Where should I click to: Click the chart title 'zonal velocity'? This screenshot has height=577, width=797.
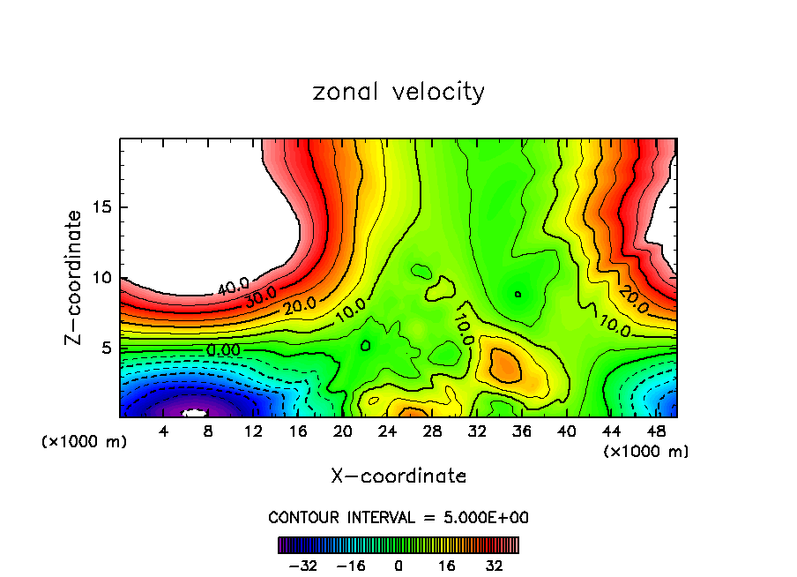[x=398, y=92]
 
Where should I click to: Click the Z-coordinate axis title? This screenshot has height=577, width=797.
[x=74, y=277]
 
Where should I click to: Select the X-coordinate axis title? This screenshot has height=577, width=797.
[x=398, y=476]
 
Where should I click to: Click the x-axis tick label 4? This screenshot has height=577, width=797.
[x=163, y=431]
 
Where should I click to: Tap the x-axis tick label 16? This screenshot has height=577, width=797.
[x=297, y=431]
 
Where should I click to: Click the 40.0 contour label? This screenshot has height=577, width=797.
[x=235, y=285]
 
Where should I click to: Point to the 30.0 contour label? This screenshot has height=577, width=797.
[x=261, y=296]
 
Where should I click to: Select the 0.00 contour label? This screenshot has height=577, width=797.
[x=224, y=350]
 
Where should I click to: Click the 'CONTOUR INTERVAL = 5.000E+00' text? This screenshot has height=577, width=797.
[x=398, y=517]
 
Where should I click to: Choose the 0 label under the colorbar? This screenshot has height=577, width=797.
[x=398, y=566]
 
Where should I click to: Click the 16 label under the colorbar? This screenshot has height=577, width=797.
[x=447, y=566]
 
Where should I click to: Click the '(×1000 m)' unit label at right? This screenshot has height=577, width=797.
[x=646, y=451]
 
